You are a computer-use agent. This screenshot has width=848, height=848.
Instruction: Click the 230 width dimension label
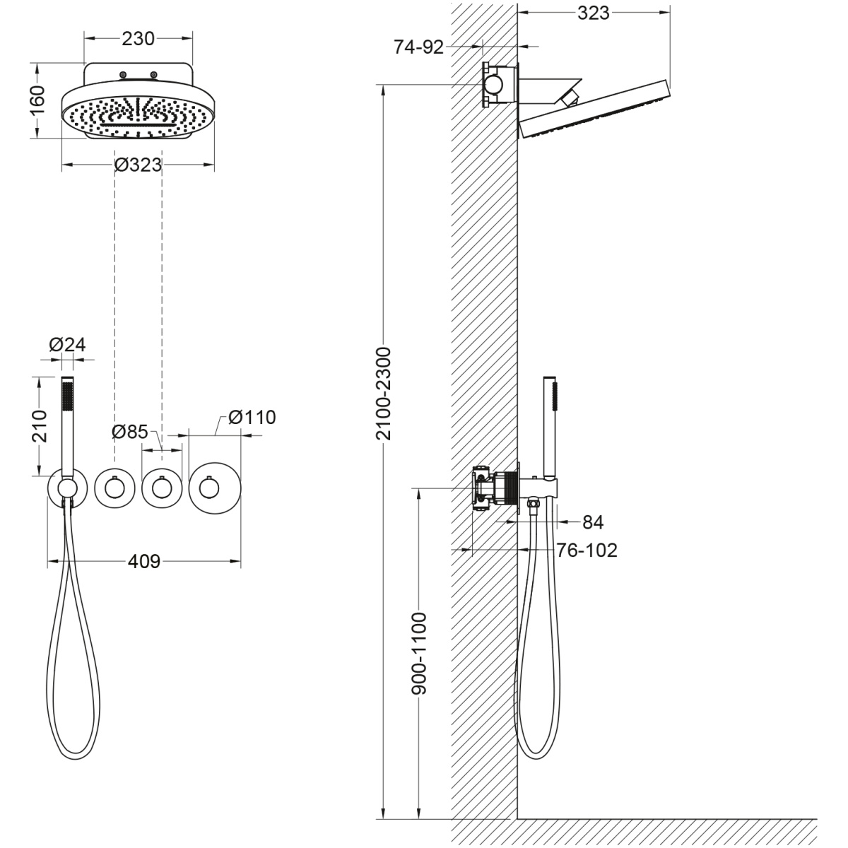[x=139, y=39]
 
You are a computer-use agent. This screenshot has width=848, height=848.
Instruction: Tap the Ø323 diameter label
[x=139, y=165]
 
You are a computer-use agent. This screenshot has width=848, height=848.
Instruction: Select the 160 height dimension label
[x=38, y=100]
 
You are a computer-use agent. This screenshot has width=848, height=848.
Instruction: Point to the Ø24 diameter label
[x=67, y=345]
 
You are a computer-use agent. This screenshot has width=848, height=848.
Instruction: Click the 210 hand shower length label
[x=40, y=426]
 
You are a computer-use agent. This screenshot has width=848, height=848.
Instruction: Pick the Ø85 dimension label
[x=130, y=432]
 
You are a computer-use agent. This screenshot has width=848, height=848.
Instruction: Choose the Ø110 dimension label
[x=252, y=417]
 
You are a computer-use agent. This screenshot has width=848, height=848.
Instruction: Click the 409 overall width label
[x=144, y=562]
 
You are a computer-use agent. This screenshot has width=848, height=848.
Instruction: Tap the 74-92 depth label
[x=418, y=47]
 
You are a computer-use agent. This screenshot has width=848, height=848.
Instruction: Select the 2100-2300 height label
[x=384, y=394]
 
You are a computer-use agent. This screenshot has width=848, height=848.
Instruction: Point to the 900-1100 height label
[x=419, y=654]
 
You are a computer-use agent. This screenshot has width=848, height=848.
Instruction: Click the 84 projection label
[x=593, y=522]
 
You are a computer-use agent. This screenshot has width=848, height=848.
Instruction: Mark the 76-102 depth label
[x=587, y=550]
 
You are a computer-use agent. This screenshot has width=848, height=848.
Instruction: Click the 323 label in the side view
[x=593, y=13]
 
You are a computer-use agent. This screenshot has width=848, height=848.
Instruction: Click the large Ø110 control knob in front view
[x=215, y=488]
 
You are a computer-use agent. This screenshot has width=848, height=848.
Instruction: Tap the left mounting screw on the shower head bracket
[x=124, y=75]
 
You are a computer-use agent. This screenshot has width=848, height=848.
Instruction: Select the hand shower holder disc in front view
[x=67, y=488]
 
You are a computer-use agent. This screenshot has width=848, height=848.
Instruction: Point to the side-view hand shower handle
[x=550, y=426]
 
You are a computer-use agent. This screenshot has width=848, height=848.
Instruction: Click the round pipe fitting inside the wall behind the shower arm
[x=494, y=83]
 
